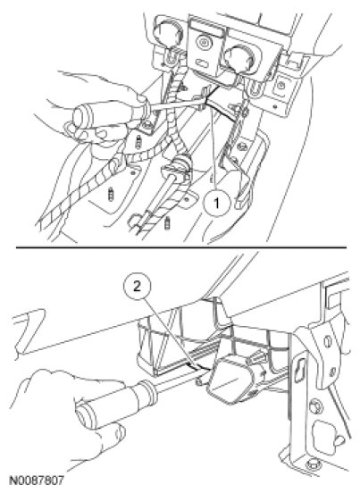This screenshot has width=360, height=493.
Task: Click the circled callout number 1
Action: [216, 204]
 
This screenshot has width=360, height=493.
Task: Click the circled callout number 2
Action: [137, 287]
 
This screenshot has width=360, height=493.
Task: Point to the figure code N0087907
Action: [37, 480]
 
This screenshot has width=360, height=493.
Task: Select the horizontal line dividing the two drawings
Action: [181, 247]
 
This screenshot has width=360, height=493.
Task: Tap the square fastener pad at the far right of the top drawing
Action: [280, 86]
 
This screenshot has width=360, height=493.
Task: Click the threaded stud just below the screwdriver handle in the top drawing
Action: [138, 143]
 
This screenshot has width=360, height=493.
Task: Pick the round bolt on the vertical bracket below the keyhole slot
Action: [315, 406]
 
